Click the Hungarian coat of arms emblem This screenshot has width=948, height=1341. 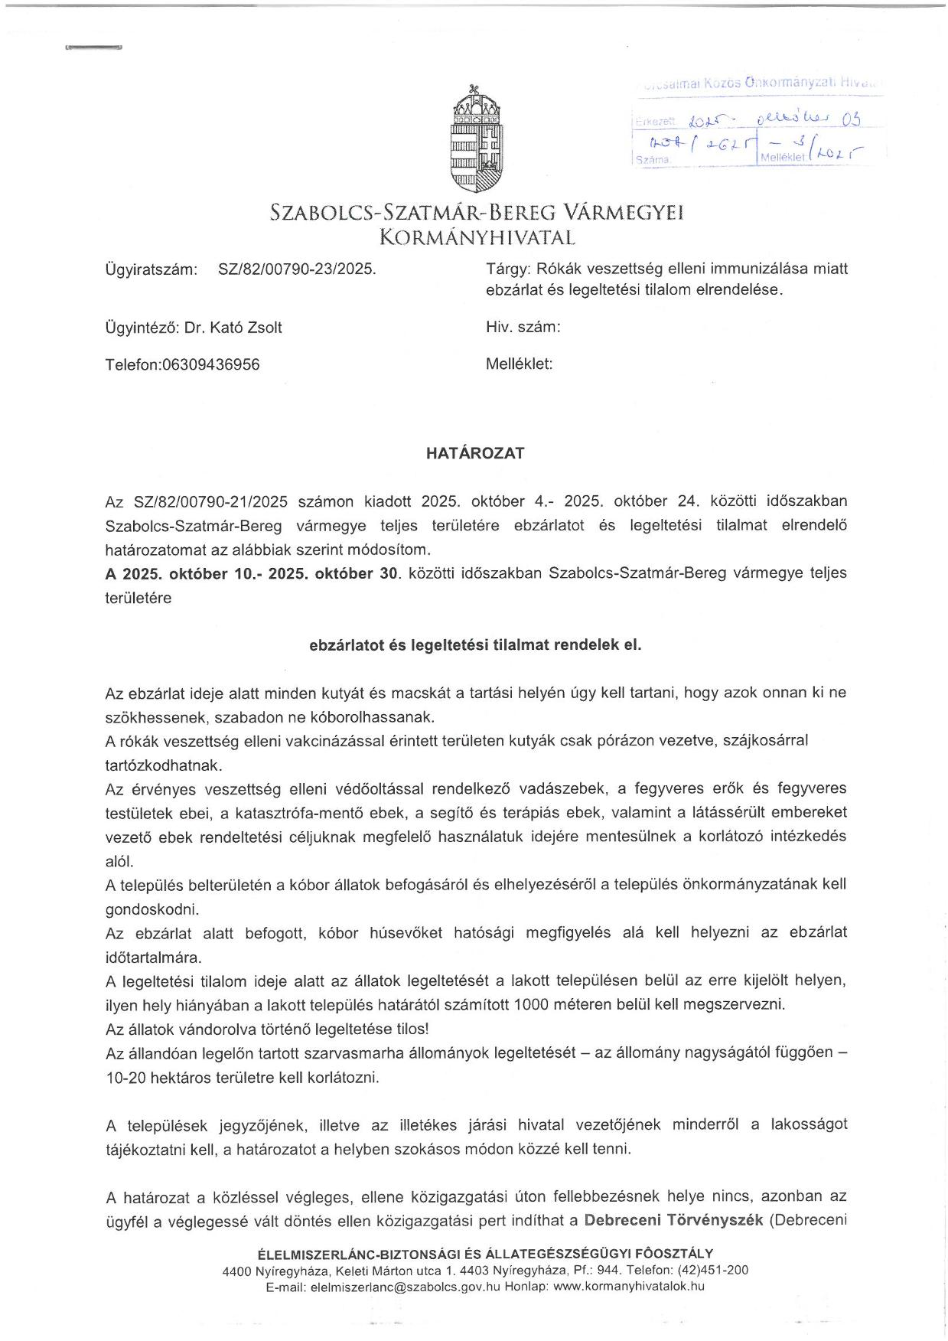tap(476, 138)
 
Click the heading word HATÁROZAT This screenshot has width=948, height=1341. tap(475, 453)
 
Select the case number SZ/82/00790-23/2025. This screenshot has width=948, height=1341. tap(297, 269)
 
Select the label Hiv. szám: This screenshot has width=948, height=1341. tap(523, 328)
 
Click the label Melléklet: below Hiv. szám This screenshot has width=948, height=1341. tap(519, 364)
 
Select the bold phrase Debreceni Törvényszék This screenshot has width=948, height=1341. tap(673, 1220)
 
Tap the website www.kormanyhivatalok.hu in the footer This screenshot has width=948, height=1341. tap(628, 1286)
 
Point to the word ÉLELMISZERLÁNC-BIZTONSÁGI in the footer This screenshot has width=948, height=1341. tap(344, 1254)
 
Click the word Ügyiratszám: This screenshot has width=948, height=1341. tap(151, 269)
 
